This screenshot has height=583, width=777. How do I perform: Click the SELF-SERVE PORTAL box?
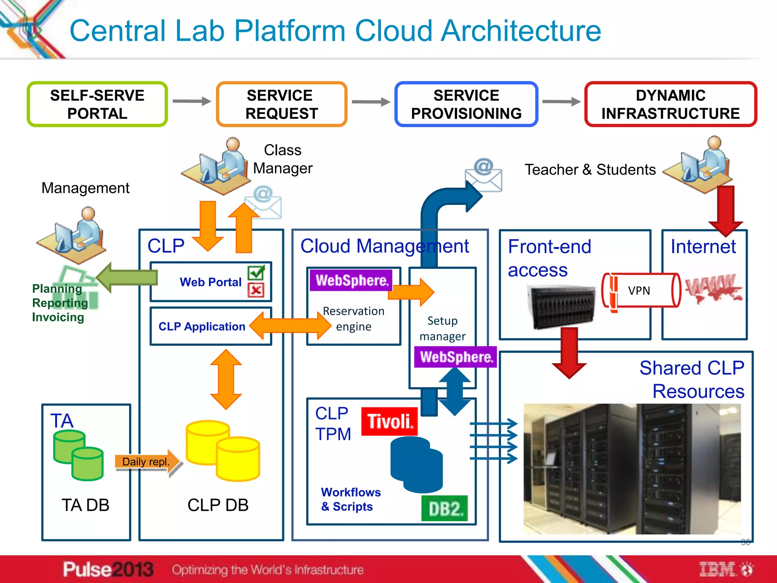97,104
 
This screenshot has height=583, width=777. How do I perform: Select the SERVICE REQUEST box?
282,104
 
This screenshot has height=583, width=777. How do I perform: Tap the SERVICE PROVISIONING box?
466,104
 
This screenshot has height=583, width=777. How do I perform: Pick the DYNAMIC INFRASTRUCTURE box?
670,104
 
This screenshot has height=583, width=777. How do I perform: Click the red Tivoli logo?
389,421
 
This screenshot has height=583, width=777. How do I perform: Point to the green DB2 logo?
445,509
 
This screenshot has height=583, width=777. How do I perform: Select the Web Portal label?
211,282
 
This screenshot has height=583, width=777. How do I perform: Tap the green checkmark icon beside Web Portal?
256,272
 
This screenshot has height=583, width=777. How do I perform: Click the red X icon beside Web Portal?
256,290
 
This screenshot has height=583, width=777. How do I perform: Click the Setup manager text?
442,328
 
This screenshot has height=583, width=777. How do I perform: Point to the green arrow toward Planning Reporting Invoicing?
127,277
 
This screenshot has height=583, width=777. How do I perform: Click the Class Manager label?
283,159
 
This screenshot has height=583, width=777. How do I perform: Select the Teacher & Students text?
590,170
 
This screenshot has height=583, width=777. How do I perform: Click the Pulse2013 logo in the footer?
108,569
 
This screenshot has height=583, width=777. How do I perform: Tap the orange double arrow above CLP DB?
226,379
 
